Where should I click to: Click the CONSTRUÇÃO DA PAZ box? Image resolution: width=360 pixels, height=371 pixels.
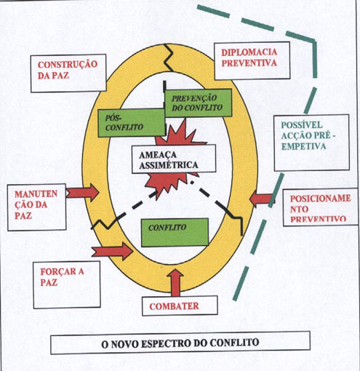pyautogui.click(x=68, y=73)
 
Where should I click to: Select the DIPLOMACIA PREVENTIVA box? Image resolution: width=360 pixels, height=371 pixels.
pyautogui.click(x=252, y=60)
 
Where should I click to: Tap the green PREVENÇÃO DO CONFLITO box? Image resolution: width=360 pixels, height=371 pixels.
pyautogui.click(x=198, y=103)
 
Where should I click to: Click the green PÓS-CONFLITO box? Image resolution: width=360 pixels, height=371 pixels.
pyautogui.click(x=132, y=122)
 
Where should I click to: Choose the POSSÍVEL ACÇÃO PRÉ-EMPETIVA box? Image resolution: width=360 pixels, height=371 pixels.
pyautogui.click(x=312, y=143)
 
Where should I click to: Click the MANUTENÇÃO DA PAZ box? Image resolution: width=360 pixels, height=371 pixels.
pyautogui.click(x=36, y=207)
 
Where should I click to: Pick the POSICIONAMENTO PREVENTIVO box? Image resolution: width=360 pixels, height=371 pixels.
pyautogui.click(x=321, y=207)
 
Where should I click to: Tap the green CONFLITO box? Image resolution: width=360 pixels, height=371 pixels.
pyautogui.click(x=175, y=232)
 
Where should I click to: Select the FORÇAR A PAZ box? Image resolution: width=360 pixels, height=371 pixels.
pyautogui.click(x=67, y=284)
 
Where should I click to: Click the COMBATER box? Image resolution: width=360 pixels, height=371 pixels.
pyautogui.click(x=180, y=306)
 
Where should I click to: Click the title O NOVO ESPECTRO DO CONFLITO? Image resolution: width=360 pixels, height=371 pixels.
pyautogui.click(x=180, y=343)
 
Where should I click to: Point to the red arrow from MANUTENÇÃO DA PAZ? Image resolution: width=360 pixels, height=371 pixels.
pyautogui.click(x=82, y=192)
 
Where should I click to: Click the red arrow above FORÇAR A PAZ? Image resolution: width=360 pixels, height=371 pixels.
pyautogui.click(x=113, y=252)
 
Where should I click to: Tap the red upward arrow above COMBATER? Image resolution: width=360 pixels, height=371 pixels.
pyautogui.click(x=175, y=283)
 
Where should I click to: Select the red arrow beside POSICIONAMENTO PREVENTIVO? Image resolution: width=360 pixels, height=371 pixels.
pyautogui.click(x=262, y=199)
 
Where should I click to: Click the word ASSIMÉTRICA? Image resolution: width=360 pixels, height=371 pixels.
pyautogui.click(x=169, y=165)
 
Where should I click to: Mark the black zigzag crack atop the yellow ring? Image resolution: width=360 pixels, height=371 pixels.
pyautogui.click(x=169, y=57)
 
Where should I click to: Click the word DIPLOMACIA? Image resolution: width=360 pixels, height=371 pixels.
pyautogui.click(x=249, y=52)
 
